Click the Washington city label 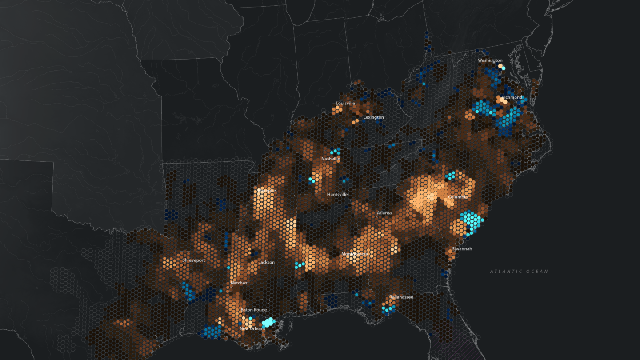point(490,60)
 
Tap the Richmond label point(512,97)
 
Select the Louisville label point(345,103)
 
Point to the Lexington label point(373,117)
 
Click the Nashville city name point(331,159)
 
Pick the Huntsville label point(337,195)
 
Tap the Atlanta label point(384,213)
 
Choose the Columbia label point(457,197)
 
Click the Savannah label point(462,249)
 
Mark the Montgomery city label point(355,254)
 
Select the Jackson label point(267,262)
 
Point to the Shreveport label point(194,260)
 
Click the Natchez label point(239,283)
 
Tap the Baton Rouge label point(253,310)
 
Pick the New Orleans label point(252,328)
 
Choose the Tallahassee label point(401,297)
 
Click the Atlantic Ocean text point(519,271)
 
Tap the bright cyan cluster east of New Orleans point(268,322)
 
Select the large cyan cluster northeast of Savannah point(471,220)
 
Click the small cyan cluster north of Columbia point(451,175)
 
